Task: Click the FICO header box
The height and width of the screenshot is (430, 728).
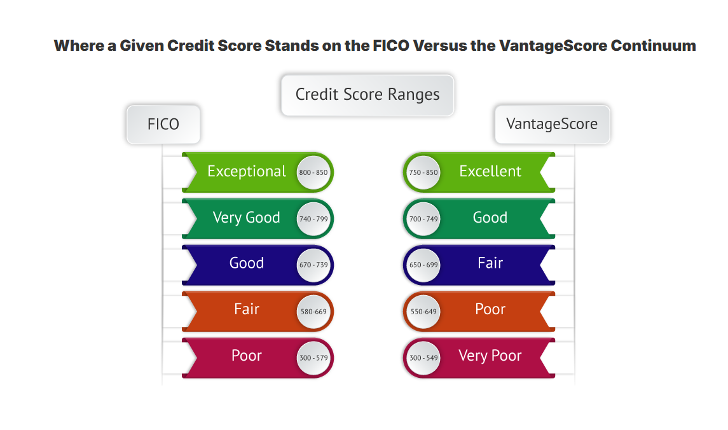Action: click(x=163, y=125)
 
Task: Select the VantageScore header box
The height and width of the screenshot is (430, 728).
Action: click(x=552, y=125)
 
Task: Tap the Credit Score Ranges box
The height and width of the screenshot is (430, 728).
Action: click(x=367, y=95)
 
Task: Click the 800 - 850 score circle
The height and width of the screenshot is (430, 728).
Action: click(x=313, y=172)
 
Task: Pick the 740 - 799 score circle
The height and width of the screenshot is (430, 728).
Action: click(x=313, y=219)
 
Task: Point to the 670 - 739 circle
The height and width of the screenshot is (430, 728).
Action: click(x=313, y=265)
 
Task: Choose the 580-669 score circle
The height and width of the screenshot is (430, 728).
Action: click(x=313, y=312)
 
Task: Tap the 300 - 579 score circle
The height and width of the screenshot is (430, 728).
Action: click(x=313, y=357)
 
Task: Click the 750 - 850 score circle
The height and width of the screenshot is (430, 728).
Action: click(x=423, y=172)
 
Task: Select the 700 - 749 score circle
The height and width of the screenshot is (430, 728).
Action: click(x=423, y=219)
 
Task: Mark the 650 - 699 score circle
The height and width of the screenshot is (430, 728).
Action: click(x=423, y=265)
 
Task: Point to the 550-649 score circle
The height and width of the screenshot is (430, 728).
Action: click(x=423, y=312)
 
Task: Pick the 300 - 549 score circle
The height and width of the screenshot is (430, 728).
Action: click(x=423, y=357)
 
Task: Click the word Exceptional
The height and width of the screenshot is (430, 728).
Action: click(x=247, y=172)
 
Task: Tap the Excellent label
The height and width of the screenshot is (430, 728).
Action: click(x=490, y=171)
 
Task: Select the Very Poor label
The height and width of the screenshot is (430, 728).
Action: click(x=490, y=356)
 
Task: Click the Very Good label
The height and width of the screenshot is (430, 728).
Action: click(x=247, y=218)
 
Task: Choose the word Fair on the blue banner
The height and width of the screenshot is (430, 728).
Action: click(x=490, y=263)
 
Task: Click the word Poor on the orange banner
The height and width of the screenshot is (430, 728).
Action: click(x=490, y=309)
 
